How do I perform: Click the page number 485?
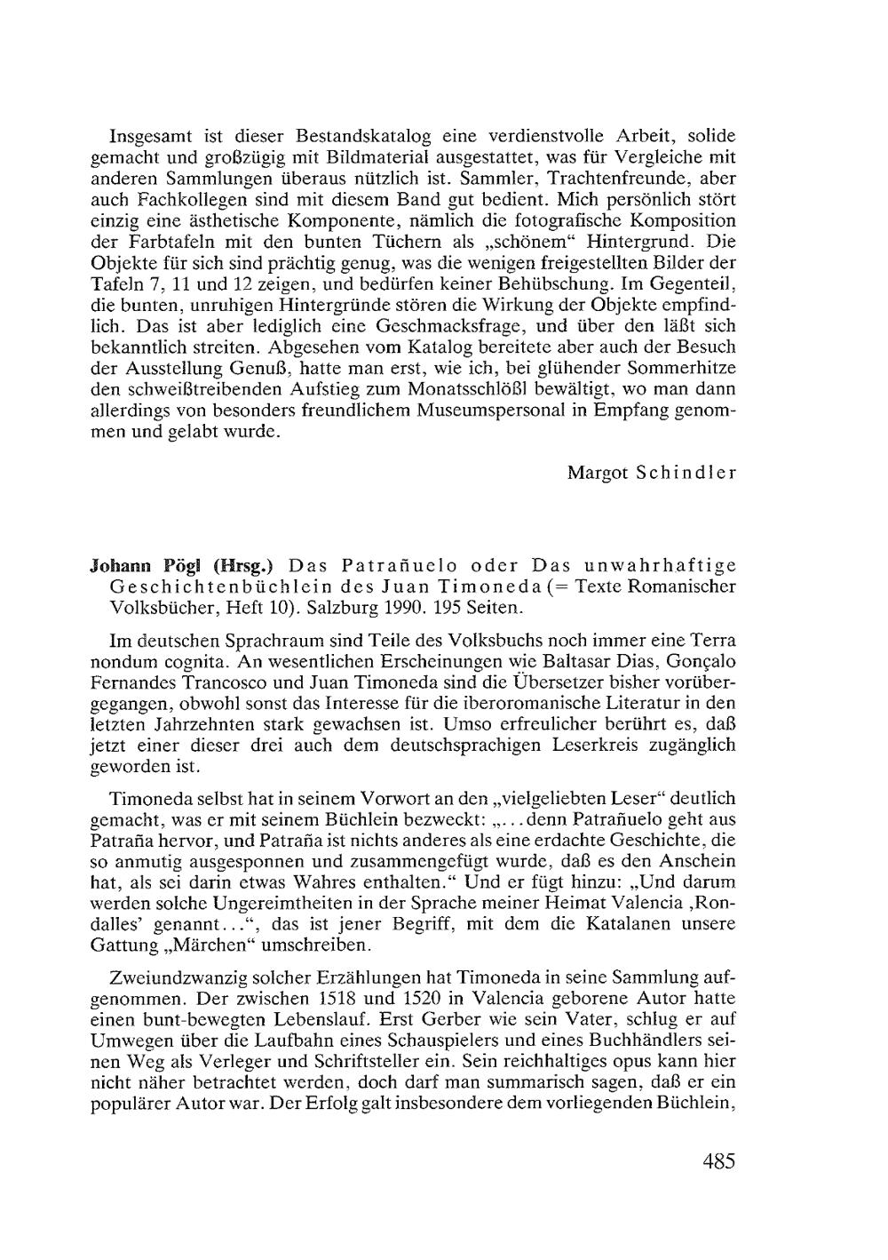(718, 1161)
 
